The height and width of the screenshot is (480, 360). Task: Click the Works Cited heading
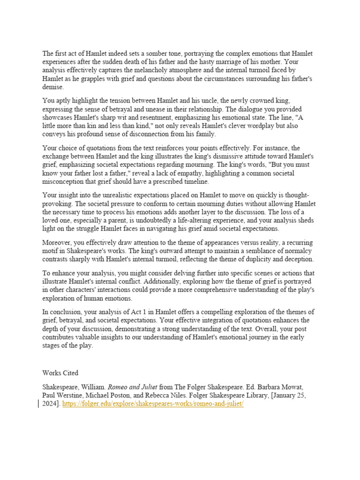tap(60, 373)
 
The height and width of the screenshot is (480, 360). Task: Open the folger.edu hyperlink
tap(153, 404)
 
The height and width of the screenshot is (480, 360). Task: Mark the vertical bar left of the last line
tap(38, 404)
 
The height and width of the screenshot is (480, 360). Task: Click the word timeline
tap(196, 182)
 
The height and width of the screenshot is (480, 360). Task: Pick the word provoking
tap(58, 203)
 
